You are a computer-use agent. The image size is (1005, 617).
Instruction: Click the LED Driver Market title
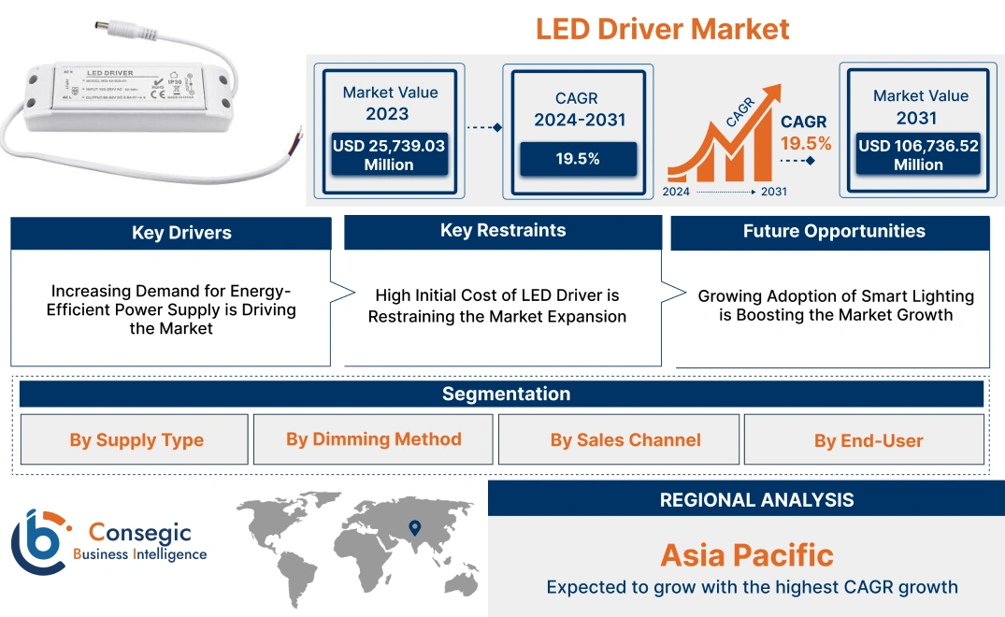(x=662, y=28)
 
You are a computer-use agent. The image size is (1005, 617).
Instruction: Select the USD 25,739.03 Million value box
(x=388, y=155)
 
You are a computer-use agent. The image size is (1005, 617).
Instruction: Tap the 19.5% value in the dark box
(x=578, y=159)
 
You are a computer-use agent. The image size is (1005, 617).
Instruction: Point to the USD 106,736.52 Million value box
(x=918, y=155)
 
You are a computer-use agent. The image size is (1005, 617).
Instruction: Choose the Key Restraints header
(x=503, y=231)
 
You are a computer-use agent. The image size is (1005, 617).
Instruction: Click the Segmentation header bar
(x=506, y=394)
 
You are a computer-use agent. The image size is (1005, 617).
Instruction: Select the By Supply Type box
(x=136, y=440)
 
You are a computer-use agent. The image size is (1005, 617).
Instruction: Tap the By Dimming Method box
(x=373, y=439)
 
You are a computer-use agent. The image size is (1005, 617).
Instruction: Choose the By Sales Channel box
(x=625, y=440)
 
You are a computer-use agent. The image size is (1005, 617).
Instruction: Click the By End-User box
(x=868, y=440)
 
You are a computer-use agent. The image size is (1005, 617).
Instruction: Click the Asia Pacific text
(x=746, y=555)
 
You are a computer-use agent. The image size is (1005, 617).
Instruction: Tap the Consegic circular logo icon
(x=39, y=542)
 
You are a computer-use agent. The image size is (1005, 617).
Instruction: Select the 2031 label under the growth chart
(x=773, y=192)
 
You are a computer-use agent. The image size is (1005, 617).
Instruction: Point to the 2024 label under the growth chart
(x=676, y=192)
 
